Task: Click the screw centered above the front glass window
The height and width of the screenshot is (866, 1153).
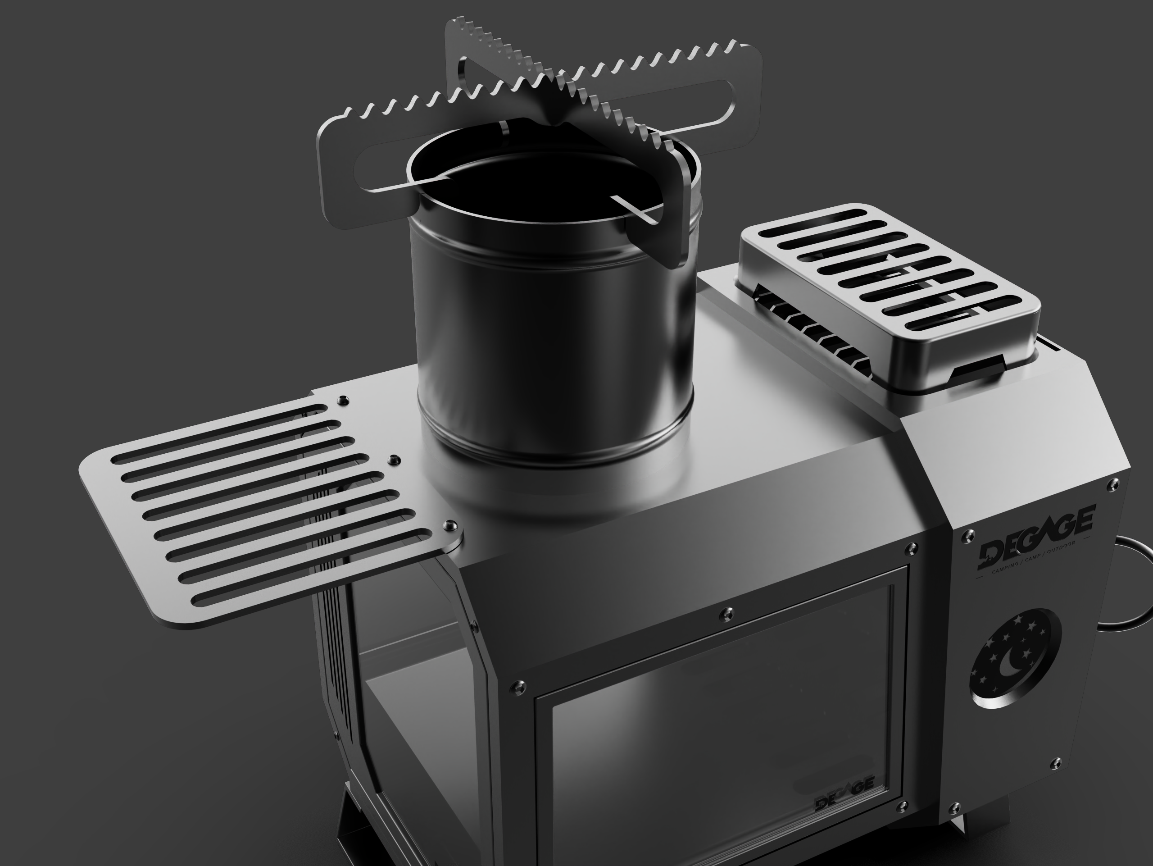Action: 729,611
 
